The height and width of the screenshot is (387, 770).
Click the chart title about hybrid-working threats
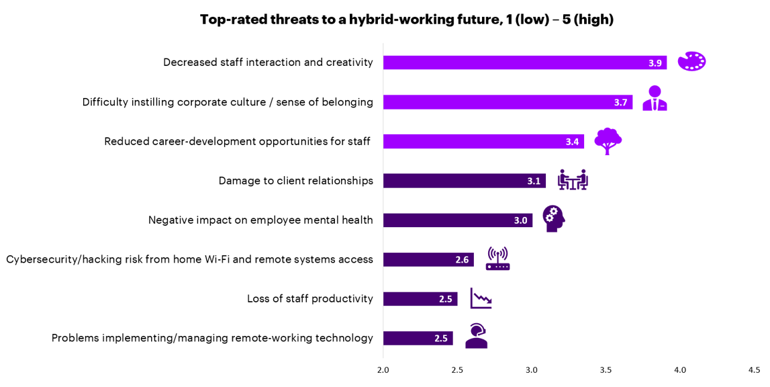(x=406, y=19)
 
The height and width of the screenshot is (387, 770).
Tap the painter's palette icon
(x=691, y=61)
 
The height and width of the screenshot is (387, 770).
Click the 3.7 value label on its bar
(x=620, y=102)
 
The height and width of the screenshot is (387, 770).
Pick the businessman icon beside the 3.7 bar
(x=655, y=98)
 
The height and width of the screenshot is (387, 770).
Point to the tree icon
(x=608, y=141)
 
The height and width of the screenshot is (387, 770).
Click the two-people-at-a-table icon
(x=573, y=179)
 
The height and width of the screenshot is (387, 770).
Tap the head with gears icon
(x=553, y=218)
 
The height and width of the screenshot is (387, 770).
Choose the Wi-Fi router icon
(x=497, y=259)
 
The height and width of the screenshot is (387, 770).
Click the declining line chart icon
(x=481, y=298)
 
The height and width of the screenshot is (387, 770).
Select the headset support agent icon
(x=476, y=336)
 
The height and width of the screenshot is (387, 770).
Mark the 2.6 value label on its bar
(x=462, y=260)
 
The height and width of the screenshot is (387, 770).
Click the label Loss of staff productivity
(x=309, y=299)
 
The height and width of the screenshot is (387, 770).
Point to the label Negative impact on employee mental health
(x=260, y=220)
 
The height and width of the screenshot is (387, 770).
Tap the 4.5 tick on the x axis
(x=754, y=370)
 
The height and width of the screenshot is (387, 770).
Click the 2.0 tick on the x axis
(x=383, y=370)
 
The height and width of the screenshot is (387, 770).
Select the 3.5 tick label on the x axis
(x=606, y=370)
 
